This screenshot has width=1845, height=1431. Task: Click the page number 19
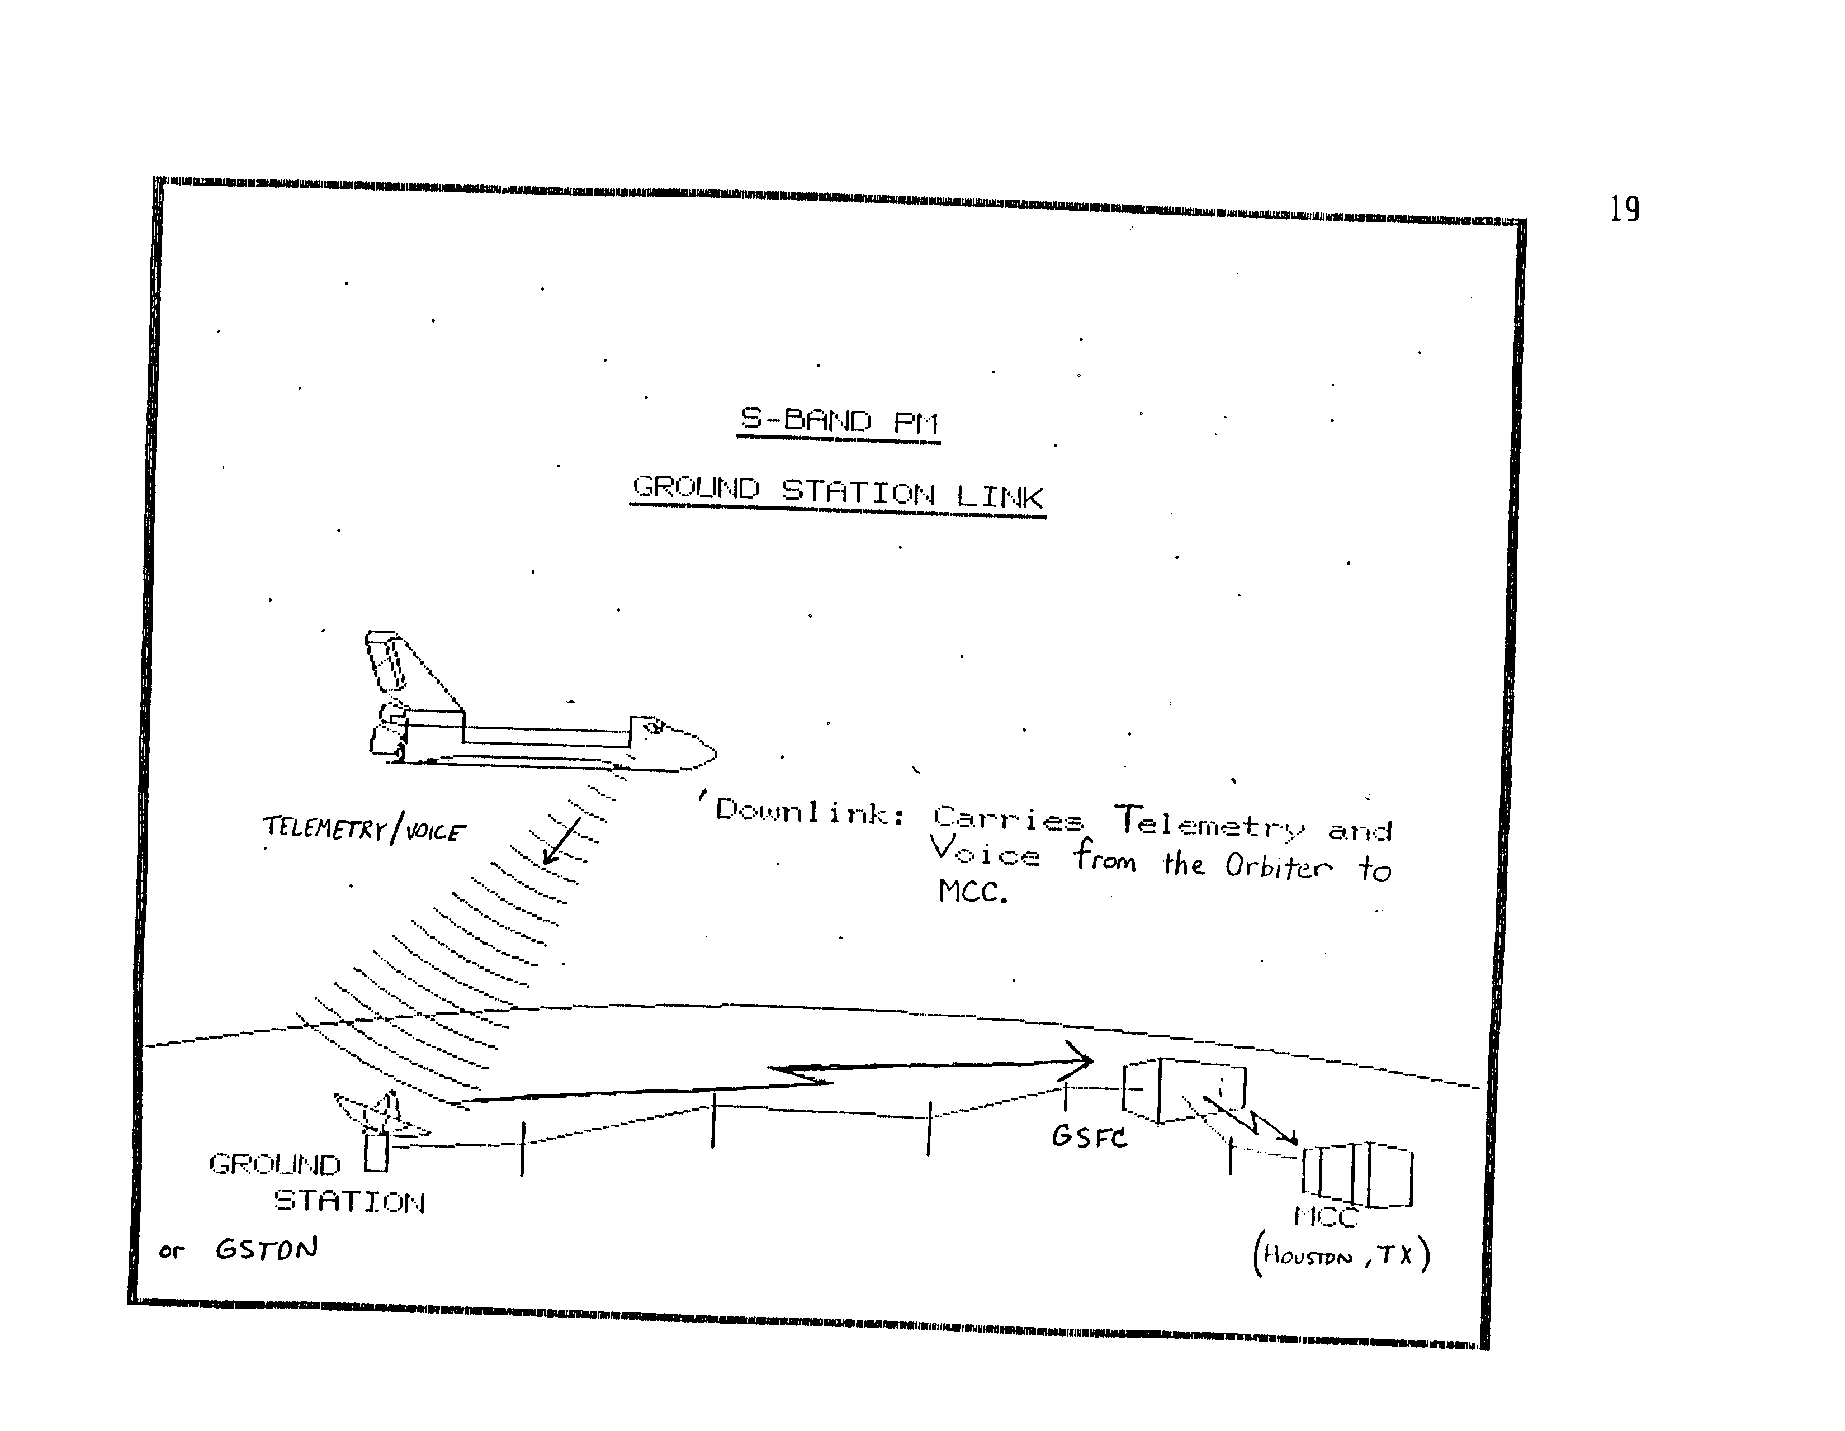pos(1624,209)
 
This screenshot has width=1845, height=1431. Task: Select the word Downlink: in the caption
pos(810,813)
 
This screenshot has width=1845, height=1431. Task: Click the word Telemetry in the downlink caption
pos(1209,822)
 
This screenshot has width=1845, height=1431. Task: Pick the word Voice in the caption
pos(984,851)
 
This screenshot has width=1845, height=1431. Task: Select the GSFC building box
pos(1182,1089)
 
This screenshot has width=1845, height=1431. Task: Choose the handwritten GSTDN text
pos(266,1249)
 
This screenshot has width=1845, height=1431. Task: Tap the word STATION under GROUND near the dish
pos(349,1201)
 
